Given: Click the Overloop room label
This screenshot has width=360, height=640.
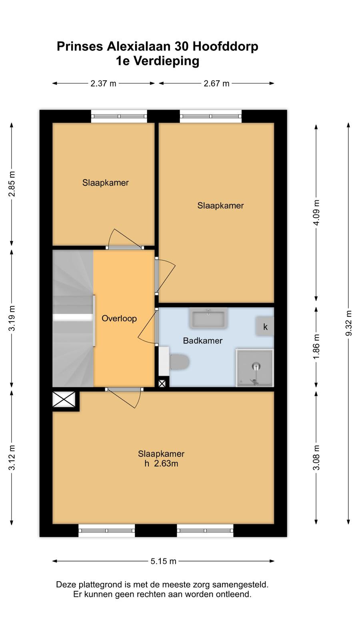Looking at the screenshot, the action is click(x=119, y=318).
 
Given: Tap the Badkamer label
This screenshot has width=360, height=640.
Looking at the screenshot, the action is click(x=202, y=340).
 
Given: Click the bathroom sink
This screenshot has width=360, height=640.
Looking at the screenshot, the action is click(x=208, y=318).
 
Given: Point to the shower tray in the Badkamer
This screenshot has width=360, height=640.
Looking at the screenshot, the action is click(x=254, y=368).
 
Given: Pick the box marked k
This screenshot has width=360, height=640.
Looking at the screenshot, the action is click(x=265, y=326).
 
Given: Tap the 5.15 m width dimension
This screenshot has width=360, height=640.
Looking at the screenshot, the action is click(x=164, y=561).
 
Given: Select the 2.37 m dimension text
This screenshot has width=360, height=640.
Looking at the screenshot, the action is click(x=103, y=84).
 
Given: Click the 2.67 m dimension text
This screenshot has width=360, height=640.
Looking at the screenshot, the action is click(x=216, y=84).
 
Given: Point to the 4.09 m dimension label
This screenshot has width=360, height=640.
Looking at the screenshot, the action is click(x=316, y=212).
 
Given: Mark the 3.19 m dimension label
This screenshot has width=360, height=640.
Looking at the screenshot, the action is click(x=12, y=318).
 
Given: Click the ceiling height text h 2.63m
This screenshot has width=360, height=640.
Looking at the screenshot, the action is click(x=161, y=464).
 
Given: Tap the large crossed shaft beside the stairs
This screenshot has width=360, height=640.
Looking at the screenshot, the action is click(x=64, y=399).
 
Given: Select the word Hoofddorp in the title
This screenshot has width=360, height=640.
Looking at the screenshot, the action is click(x=226, y=46).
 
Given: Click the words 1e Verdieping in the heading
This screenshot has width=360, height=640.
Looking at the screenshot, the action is click(x=158, y=61).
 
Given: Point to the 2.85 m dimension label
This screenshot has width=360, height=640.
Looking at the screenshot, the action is click(x=12, y=184).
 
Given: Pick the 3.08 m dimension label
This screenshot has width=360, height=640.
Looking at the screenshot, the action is click(x=316, y=458).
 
